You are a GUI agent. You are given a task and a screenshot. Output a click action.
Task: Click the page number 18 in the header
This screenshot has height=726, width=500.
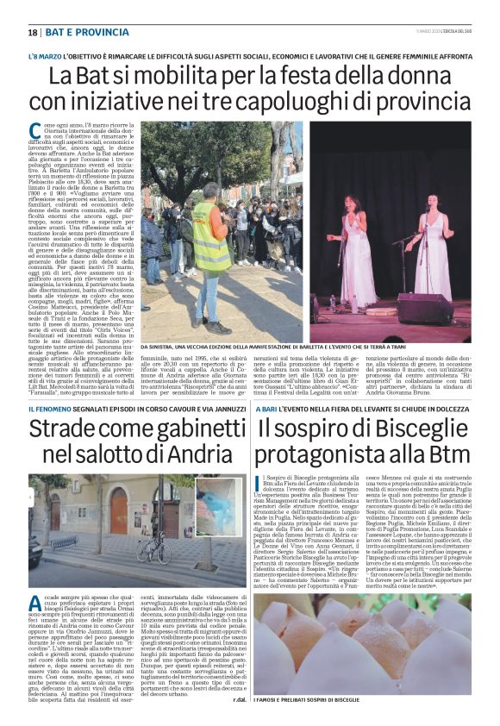coord(33,32)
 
